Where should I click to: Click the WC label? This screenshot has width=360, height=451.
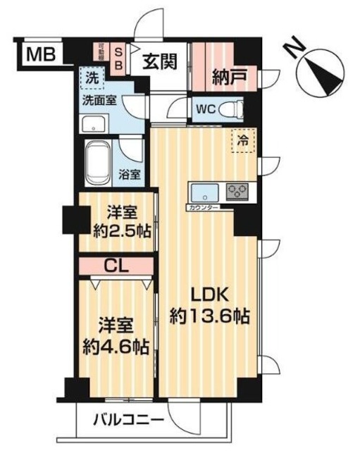[206, 110]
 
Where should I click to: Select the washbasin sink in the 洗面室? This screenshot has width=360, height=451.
[92, 125]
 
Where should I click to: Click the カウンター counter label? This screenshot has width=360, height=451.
[204, 208]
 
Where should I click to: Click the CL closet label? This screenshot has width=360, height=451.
[115, 266]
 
